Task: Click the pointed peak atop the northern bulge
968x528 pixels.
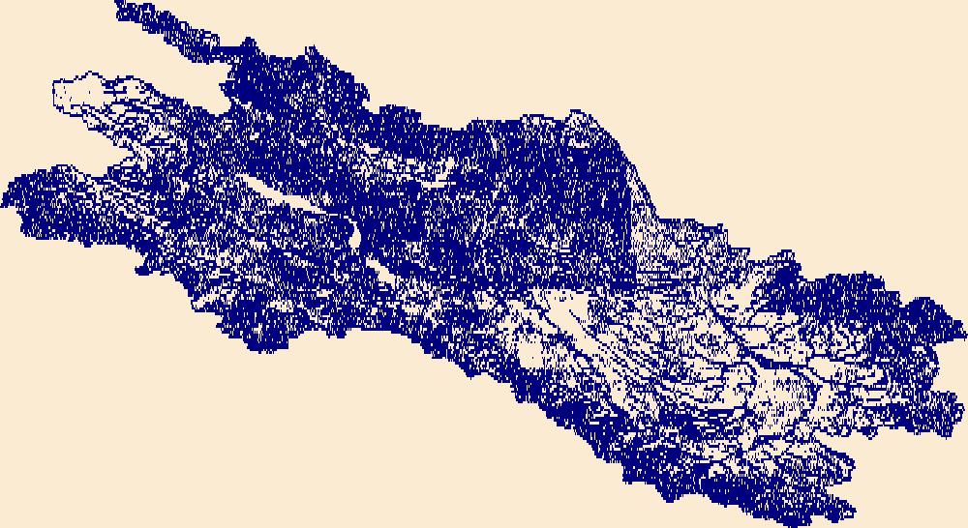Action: click(x=581, y=113)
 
